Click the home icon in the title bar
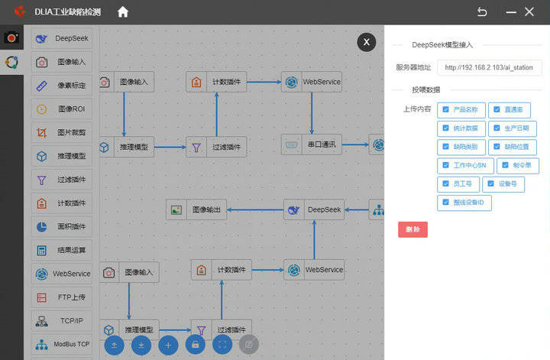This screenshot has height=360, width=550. [123, 11]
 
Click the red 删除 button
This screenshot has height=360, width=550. [412, 229]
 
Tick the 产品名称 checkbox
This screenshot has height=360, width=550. [446, 110]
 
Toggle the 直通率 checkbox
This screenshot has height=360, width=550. [496, 110]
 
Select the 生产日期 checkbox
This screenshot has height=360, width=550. [496, 128]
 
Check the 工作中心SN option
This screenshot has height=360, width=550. [446, 165]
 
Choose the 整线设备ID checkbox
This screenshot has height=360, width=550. [446, 203]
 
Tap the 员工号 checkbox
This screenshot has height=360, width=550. [446, 184]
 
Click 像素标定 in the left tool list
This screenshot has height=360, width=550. [62, 85]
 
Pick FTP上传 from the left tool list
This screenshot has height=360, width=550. [62, 297]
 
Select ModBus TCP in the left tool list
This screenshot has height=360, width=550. [62, 344]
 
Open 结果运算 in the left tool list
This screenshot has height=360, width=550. [62, 250]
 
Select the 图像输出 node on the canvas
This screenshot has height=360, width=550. [196, 209]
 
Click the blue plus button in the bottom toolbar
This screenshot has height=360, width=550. [169, 345]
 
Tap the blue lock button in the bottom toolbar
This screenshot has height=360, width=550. [196, 345]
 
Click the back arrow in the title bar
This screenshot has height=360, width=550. [482, 11]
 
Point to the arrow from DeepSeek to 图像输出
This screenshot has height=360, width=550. [255, 209]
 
